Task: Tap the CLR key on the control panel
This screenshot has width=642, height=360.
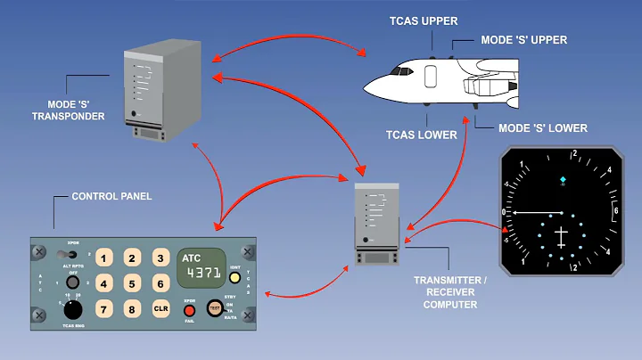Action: click(x=160, y=309)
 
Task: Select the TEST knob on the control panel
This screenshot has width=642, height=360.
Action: click(x=215, y=308)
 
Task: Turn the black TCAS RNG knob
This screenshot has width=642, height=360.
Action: click(x=74, y=309)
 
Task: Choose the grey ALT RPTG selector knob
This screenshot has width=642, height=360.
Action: click(x=73, y=282)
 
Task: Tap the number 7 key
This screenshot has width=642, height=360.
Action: click(x=104, y=309)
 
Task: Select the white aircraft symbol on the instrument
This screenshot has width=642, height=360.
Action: click(x=561, y=237)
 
